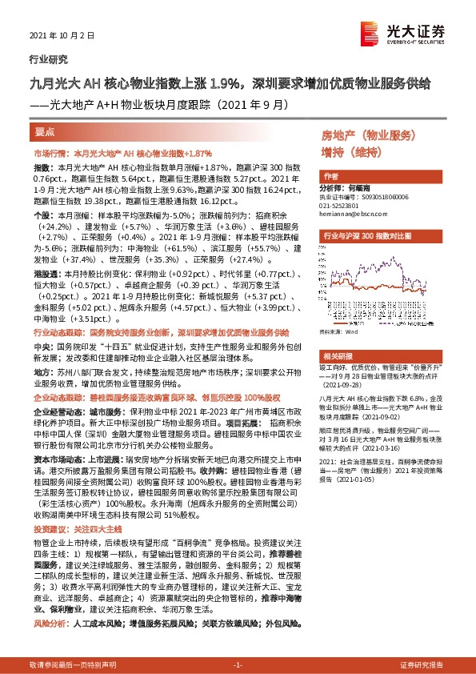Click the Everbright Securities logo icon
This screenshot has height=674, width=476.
tap(371, 32)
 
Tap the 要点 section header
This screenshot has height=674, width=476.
tap(45, 131)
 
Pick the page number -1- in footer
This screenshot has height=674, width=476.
tap(238, 664)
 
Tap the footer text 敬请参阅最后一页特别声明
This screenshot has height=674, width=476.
tap(73, 664)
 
